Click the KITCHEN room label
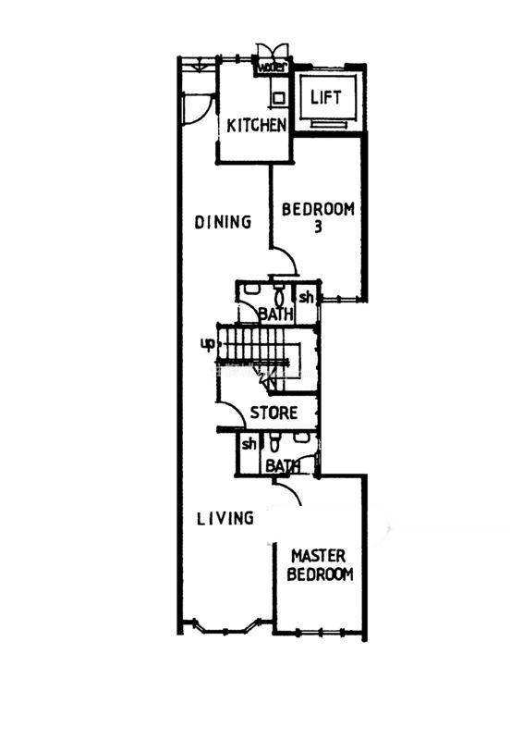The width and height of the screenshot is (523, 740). point(256,125)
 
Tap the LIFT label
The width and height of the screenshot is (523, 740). point(325,97)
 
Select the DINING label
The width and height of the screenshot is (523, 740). point(223,222)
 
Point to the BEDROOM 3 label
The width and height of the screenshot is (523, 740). point(318,217)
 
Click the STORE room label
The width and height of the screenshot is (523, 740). point(274,413)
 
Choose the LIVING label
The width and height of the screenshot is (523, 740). point(225,519)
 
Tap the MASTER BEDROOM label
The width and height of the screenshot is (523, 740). point(320,565)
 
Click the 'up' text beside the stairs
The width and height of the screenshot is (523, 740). point(208,344)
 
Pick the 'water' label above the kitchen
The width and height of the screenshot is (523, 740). point(272,67)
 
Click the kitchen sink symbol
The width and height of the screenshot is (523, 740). point(279,98)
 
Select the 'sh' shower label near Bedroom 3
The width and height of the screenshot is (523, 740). point(306,297)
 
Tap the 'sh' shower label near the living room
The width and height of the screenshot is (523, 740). point(249,444)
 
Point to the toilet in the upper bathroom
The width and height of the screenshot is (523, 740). point(279,296)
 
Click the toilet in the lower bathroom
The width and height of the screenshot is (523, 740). point(275,444)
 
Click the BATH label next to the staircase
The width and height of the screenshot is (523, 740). point(276,314)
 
